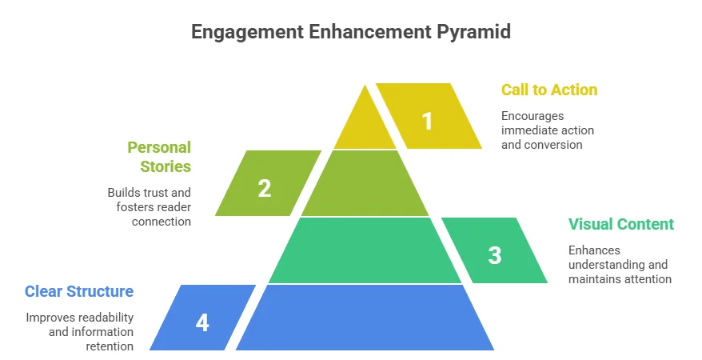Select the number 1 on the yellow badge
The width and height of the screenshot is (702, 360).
[428, 121]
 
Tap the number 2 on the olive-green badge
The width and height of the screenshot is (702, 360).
[264, 188]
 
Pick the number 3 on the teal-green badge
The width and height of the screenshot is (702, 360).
[495, 255]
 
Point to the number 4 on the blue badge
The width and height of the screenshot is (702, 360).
[202, 322]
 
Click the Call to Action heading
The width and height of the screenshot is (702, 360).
[549, 90]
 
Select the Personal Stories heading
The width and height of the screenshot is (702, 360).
[160, 157]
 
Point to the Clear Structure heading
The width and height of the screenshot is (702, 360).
[79, 291]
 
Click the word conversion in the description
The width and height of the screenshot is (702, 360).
[554, 145]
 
